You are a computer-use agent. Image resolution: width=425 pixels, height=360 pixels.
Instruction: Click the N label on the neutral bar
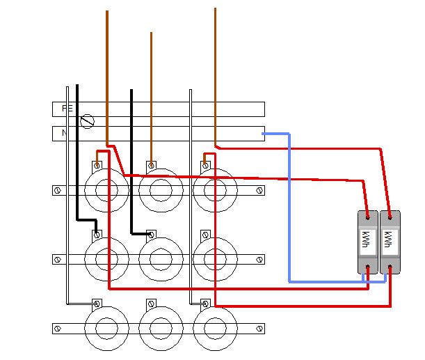[x=64, y=132]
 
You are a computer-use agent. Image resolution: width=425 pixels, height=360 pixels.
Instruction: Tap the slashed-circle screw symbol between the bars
[x=88, y=122]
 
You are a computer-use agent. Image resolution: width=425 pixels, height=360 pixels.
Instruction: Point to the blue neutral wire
[x=289, y=209]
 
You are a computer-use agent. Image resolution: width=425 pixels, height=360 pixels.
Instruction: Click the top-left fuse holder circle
[x=106, y=189]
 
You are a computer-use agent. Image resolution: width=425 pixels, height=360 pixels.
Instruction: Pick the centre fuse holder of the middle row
[x=161, y=259]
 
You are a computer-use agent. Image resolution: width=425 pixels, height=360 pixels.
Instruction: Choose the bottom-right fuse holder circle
[x=215, y=327]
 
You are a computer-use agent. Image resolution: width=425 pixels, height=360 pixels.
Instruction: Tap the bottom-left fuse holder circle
[x=106, y=327]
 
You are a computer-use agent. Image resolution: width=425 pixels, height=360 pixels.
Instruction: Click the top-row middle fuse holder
[x=161, y=189]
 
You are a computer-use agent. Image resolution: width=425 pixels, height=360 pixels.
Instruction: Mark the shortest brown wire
[x=151, y=91]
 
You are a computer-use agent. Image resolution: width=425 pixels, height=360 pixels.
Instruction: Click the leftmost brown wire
[x=106, y=70]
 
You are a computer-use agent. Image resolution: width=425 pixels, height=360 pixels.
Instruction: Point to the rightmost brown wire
[x=215, y=70]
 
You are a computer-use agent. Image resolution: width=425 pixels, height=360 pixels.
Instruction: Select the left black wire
[x=77, y=153]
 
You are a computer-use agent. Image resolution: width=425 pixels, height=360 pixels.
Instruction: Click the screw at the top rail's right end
[x=259, y=189]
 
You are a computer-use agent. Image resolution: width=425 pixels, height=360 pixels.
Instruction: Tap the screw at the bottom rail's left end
[x=56, y=327]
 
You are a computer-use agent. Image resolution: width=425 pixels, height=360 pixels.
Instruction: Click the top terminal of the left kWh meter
[x=367, y=217]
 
